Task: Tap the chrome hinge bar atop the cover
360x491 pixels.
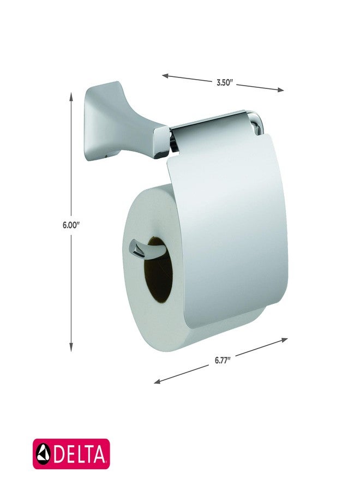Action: (x=213, y=124)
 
